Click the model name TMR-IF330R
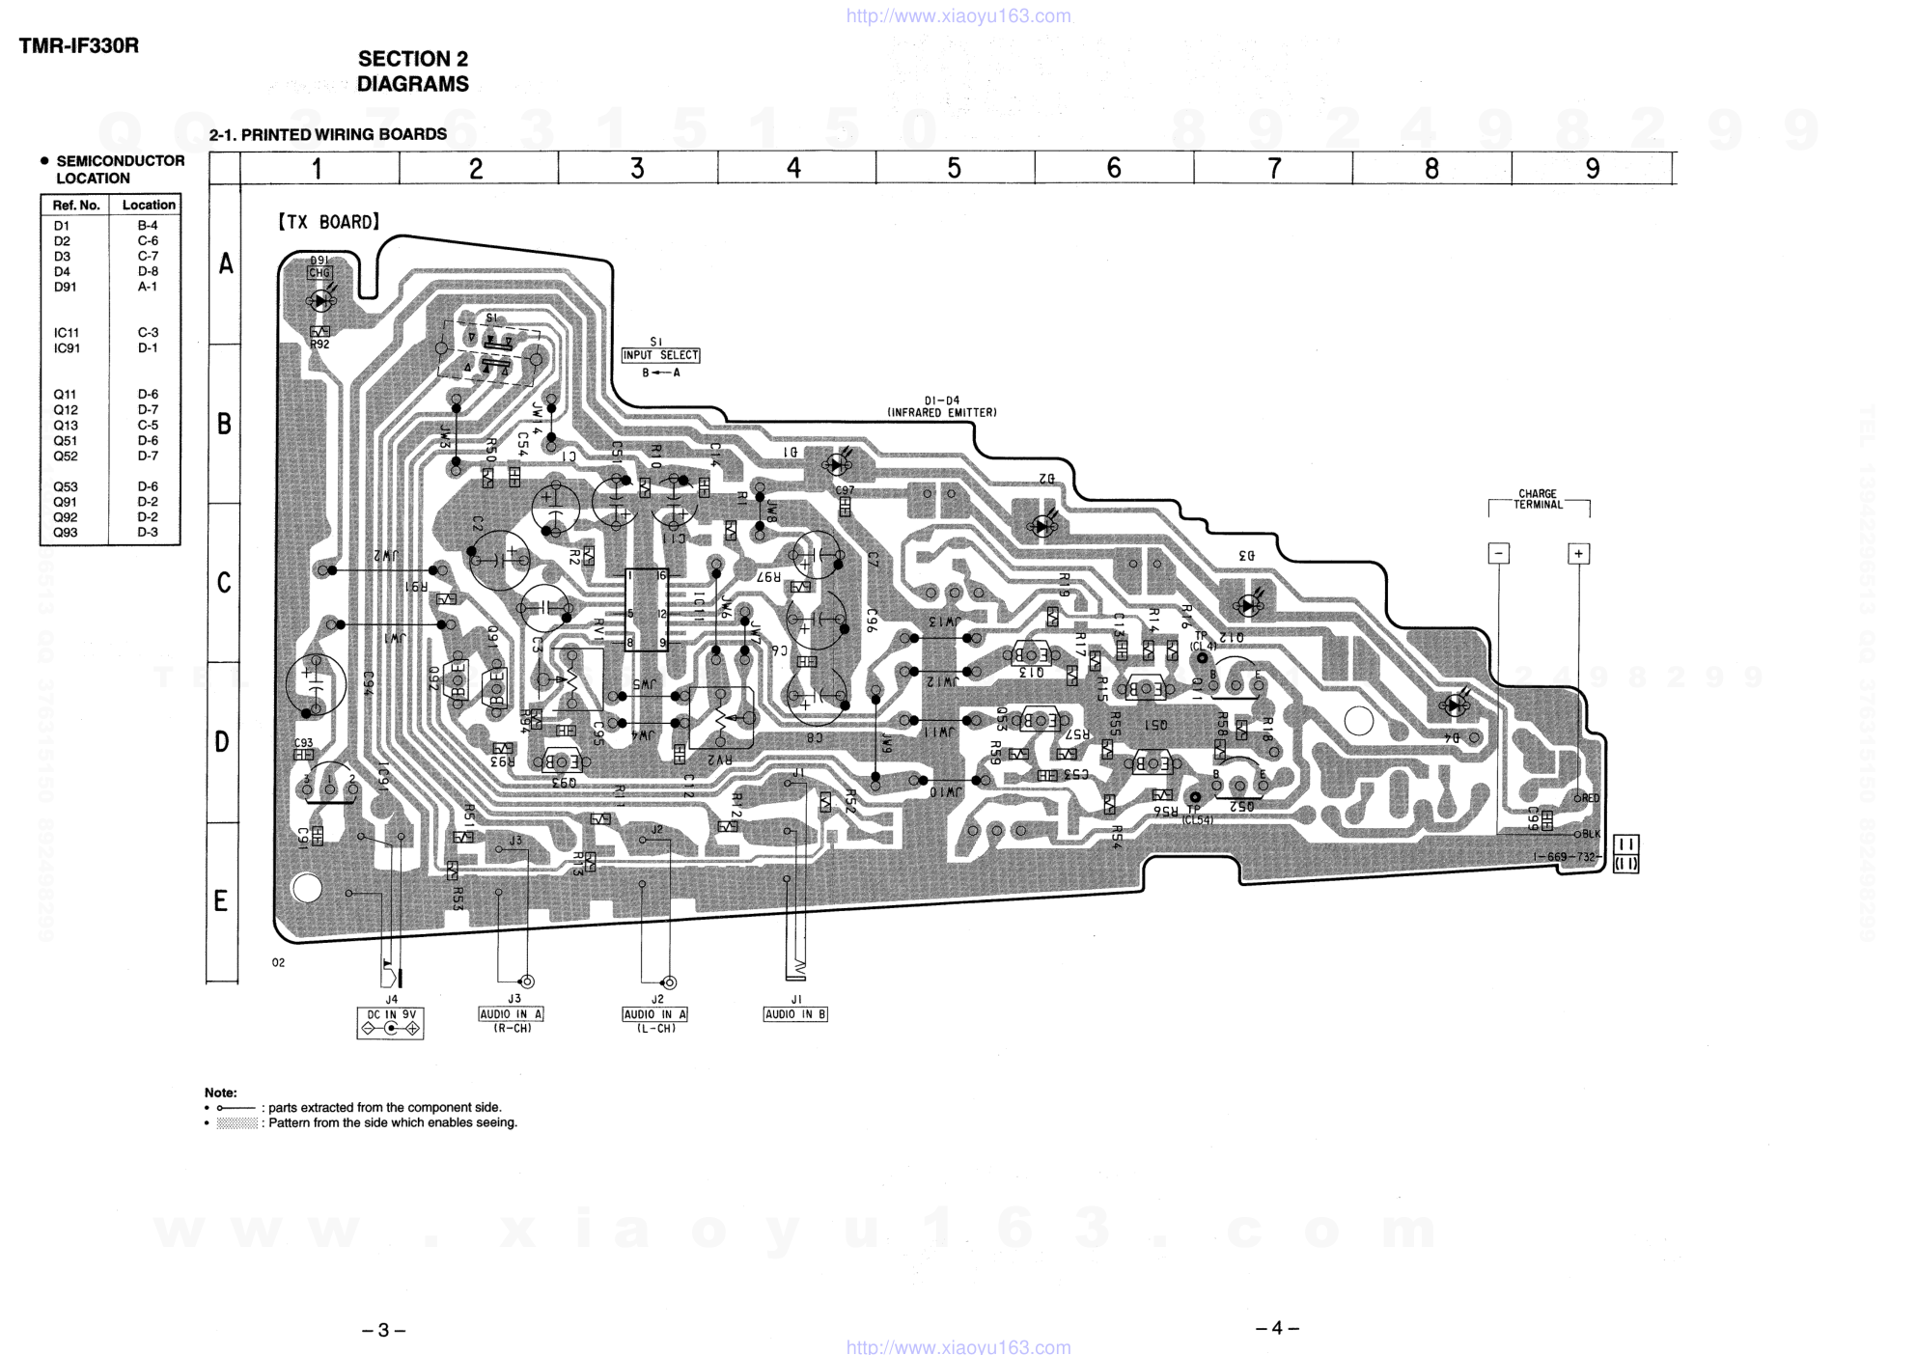79,45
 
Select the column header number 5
954,169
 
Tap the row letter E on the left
221,901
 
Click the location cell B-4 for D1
148,226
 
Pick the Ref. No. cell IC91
67,348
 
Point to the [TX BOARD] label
329,222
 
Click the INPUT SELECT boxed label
660,355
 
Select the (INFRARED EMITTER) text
942,413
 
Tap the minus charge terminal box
1499,554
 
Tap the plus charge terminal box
1578,554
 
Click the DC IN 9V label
390,1014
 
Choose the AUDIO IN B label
795,1014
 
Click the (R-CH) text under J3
513,1029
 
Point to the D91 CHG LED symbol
319,300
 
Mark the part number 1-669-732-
1567,857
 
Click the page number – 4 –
1277,1328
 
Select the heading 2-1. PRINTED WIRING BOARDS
328,134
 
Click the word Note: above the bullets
220,1092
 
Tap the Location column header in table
149,205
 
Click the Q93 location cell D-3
148,533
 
